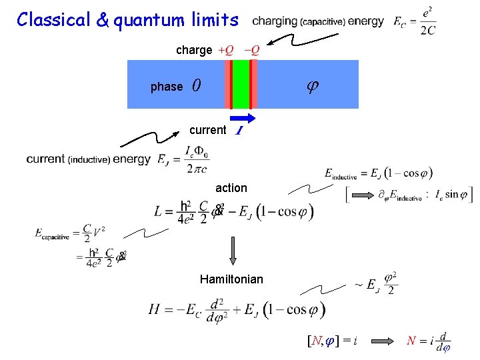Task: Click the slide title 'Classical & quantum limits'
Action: point(127,19)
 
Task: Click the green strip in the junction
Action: point(240,84)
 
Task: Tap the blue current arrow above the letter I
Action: point(245,118)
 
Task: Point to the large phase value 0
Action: point(195,85)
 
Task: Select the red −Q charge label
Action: point(251,50)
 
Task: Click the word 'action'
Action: point(231,188)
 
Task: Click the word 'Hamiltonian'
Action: point(231,279)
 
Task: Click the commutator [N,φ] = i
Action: point(331,341)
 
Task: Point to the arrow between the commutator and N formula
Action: point(384,341)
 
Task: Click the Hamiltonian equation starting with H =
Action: point(237,309)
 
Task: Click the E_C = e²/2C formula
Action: point(415,21)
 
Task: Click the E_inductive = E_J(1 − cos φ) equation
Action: point(378,173)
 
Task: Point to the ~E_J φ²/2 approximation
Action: point(376,283)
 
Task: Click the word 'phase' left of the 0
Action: point(167,87)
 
